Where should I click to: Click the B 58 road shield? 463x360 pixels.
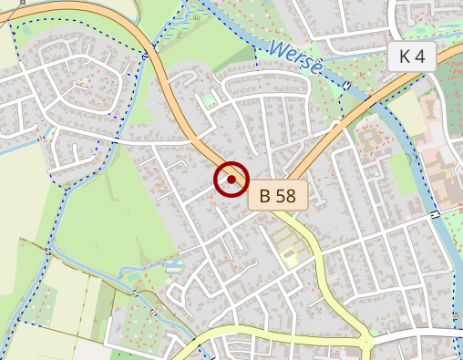[278, 195]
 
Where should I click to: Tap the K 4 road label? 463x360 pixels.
[412, 57]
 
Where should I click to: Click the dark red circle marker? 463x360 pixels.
[231, 180]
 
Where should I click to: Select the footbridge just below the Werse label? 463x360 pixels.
[346, 86]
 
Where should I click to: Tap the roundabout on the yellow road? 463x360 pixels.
[366, 345]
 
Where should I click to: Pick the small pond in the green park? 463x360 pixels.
[171, 268]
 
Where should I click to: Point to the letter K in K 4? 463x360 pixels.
[406, 57]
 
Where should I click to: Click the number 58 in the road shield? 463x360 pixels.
[286, 195]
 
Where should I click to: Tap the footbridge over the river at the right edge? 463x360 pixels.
[436, 212]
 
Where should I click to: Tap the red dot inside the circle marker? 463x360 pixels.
[231, 180]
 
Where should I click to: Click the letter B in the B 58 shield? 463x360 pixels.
[265, 195]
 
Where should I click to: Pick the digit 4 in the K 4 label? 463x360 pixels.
[419, 57]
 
